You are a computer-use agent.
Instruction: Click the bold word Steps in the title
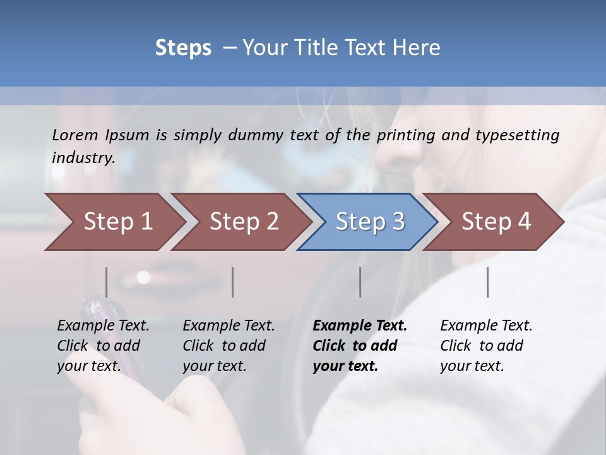[x=183, y=48]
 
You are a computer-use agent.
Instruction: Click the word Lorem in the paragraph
[x=75, y=135]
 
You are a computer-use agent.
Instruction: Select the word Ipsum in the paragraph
[x=129, y=135]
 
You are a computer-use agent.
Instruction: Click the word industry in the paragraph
[x=83, y=157]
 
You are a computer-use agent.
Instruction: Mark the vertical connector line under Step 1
[x=107, y=282]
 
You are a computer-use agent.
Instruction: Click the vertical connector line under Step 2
[x=233, y=282]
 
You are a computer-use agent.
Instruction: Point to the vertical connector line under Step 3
[x=360, y=282]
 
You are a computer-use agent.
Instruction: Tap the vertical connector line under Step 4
[x=487, y=282]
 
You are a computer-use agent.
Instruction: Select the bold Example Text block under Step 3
[x=359, y=346]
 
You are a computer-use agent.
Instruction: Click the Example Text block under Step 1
[x=103, y=346]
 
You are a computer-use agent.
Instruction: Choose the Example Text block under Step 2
[x=229, y=346]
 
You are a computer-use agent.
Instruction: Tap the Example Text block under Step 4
[x=486, y=346]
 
